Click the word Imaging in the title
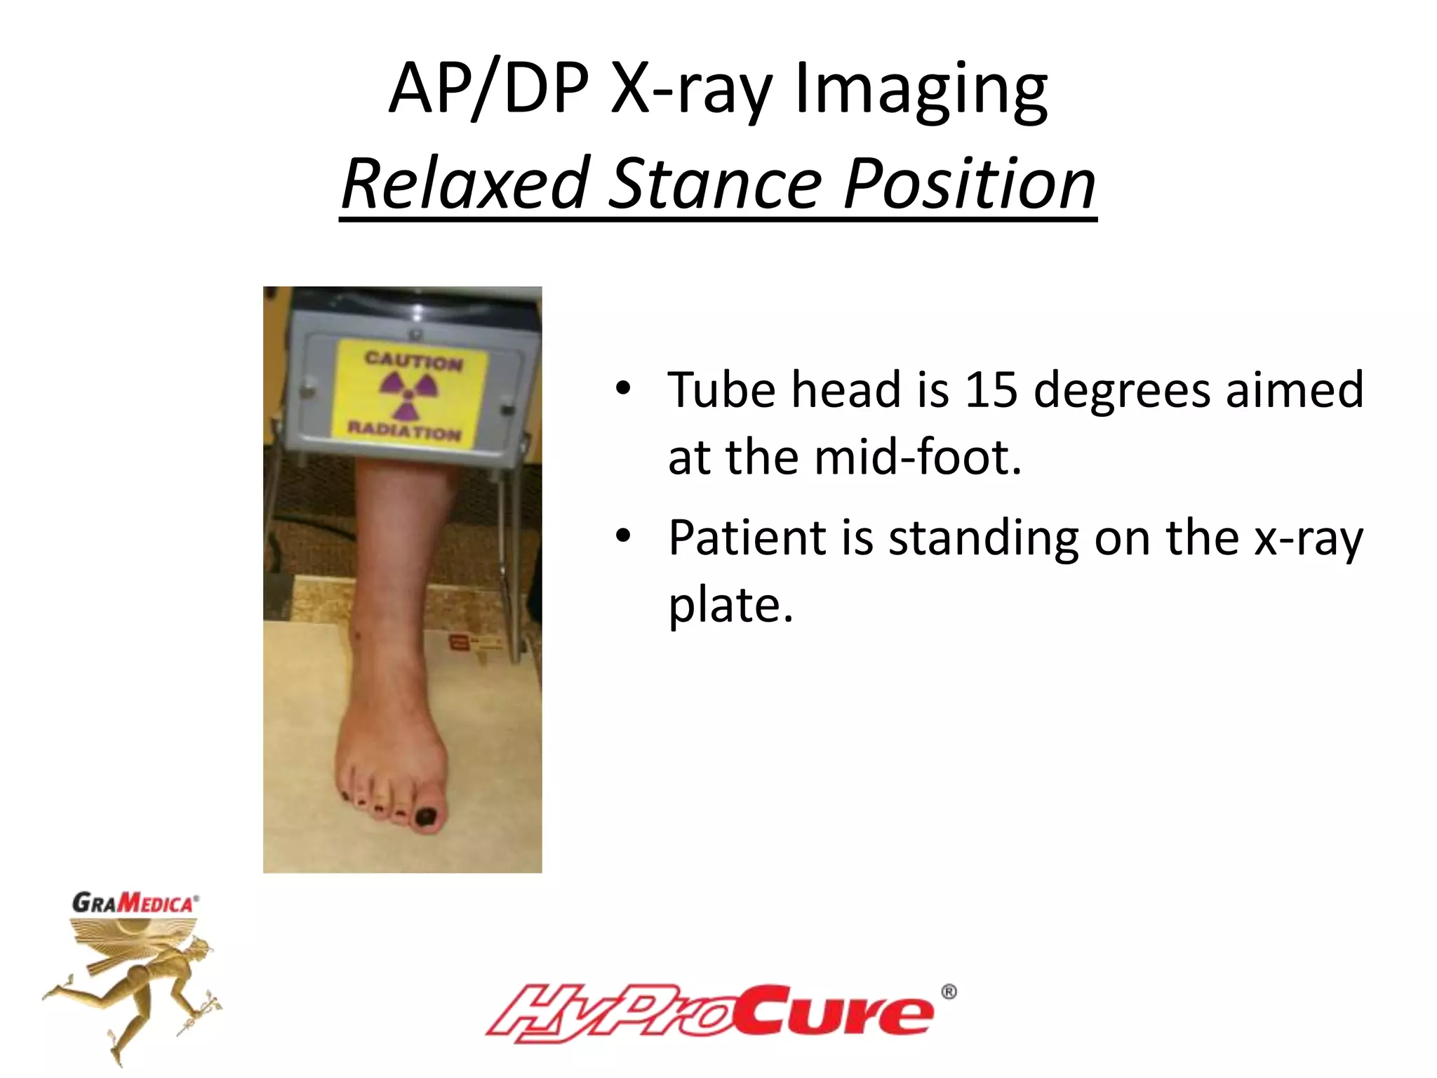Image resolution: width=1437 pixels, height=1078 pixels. (x=921, y=91)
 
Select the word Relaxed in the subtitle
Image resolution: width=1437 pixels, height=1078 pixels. (x=464, y=184)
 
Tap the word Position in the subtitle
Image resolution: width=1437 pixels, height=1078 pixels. (x=969, y=184)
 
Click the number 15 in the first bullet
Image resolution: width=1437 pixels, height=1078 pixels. (x=990, y=390)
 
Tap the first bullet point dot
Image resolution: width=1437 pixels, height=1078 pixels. (x=623, y=388)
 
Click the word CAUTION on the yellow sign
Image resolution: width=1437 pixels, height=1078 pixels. (x=413, y=361)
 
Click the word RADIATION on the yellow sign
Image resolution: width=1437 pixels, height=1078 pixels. (x=405, y=430)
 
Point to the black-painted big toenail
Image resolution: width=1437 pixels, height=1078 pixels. (x=426, y=816)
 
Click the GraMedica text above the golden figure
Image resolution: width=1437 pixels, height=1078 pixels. (x=134, y=903)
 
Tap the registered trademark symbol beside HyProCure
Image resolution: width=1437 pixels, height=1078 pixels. (x=948, y=992)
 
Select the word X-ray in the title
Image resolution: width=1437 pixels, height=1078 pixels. (x=691, y=91)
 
